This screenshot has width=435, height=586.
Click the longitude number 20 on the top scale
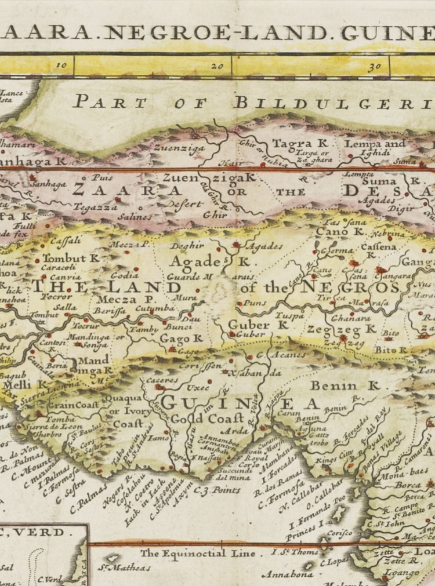click(217, 66)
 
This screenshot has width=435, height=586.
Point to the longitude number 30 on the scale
click(374, 66)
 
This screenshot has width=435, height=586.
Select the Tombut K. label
click(71, 257)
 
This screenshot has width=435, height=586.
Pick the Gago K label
click(182, 338)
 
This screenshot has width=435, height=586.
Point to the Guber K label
click(258, 325)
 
